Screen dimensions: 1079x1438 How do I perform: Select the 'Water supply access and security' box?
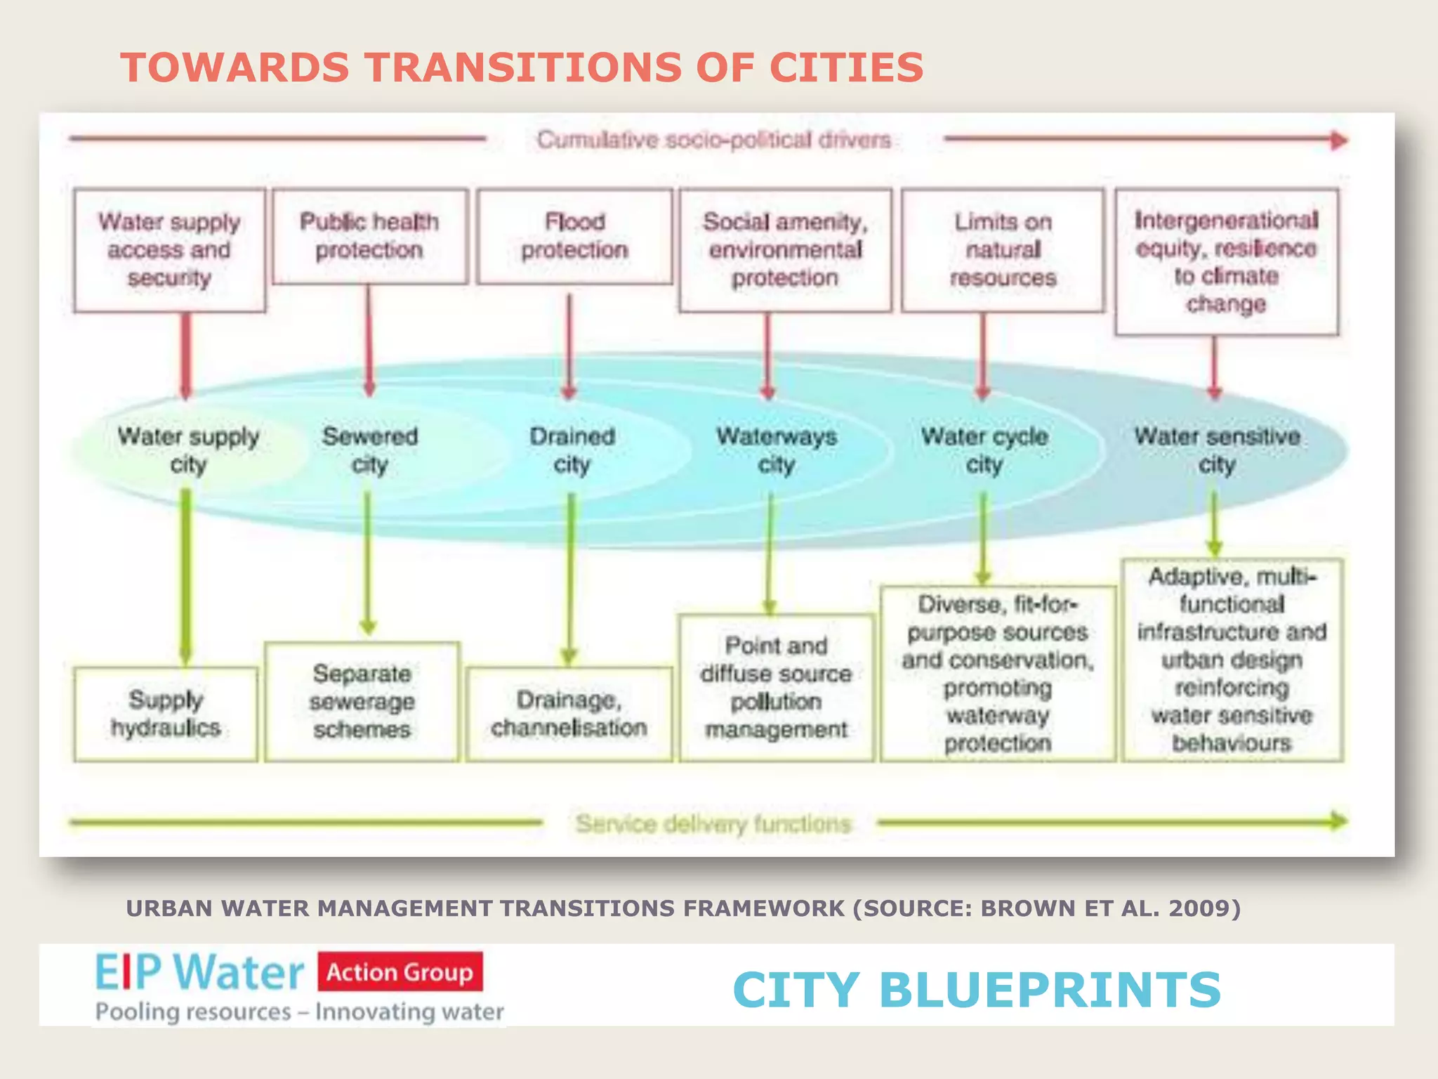pos(169,250)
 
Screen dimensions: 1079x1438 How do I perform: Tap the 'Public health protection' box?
pos(369,236)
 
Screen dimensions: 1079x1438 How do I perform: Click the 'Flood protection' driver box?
pos(574,236)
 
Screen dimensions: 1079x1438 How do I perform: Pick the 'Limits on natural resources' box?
pos(1003,250)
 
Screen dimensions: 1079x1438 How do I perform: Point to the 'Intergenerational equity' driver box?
pos(1226,261)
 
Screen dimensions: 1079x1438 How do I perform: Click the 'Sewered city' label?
pos(369,450)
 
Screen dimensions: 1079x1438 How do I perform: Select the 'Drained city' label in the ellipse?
pos(572,450)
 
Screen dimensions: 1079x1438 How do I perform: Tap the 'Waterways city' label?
pos(777,450)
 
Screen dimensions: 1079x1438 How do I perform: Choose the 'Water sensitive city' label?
pos(1217,450)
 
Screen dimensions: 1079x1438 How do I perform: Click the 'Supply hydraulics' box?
pos(166,714)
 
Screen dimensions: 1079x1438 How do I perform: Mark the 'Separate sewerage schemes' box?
pos(362,701)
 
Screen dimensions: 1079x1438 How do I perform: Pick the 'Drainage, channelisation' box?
pos(569,714)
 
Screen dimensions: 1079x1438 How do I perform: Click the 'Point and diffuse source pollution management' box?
pos(777,688)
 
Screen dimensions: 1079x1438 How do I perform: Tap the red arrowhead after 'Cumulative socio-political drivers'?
pos(1339,140)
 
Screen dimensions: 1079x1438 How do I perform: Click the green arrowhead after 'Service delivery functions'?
pos(1339,820)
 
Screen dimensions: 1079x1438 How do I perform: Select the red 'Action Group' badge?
pos(400,972)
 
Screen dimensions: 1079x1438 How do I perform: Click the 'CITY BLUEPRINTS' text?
pos(977,989)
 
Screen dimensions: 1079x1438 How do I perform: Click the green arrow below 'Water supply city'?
pos(185,576)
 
